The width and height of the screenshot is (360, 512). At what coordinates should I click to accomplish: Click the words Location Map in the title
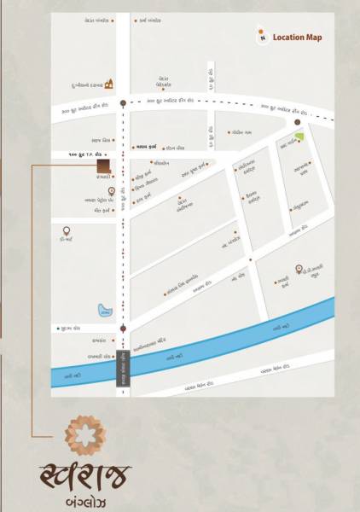pos(298,38)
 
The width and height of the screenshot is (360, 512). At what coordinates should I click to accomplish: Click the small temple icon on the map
pos(108,84)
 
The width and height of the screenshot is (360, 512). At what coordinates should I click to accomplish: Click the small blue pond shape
pos(103,308)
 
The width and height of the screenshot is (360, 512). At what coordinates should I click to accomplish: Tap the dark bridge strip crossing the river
pos(123,369)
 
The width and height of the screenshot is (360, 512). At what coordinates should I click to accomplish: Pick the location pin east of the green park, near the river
pos(299,267)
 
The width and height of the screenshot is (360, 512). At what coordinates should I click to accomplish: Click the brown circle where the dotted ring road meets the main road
pos(123,103)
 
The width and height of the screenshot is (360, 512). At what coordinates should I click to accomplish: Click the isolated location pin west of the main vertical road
pos(66,231)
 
